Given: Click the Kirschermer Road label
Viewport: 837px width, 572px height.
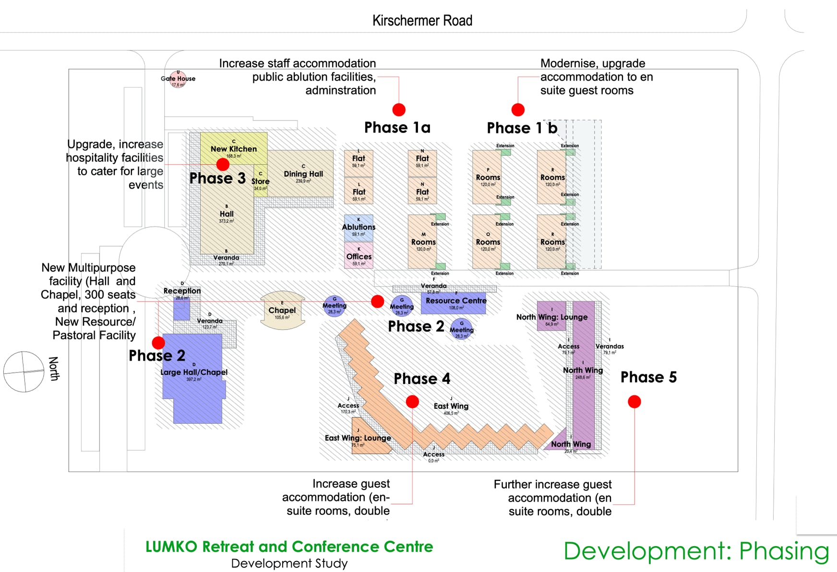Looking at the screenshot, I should (422, 21).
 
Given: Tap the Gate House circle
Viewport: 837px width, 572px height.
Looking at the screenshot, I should (178, 79).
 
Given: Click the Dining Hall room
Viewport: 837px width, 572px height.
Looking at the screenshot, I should (303, 174).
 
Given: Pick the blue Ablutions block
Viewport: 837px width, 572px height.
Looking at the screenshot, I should (359, 227).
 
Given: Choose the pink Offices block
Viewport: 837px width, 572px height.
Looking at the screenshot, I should (359, 255).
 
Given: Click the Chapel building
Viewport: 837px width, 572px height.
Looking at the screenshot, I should (282, 311).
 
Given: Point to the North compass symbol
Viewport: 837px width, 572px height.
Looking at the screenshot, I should (24, 371).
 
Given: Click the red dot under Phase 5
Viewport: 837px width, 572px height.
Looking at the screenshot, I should (634, 402).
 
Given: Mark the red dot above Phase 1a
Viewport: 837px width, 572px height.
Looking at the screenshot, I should (399, 110).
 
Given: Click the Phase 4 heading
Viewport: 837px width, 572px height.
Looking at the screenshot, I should (422, 379).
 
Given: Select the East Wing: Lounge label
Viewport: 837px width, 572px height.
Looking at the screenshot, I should (358, 438).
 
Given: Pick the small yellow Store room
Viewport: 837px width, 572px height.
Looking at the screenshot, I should (260, 180).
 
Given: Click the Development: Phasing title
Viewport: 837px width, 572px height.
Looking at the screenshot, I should (696, 551).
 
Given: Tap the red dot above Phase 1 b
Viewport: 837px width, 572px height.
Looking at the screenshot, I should (518, 110).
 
